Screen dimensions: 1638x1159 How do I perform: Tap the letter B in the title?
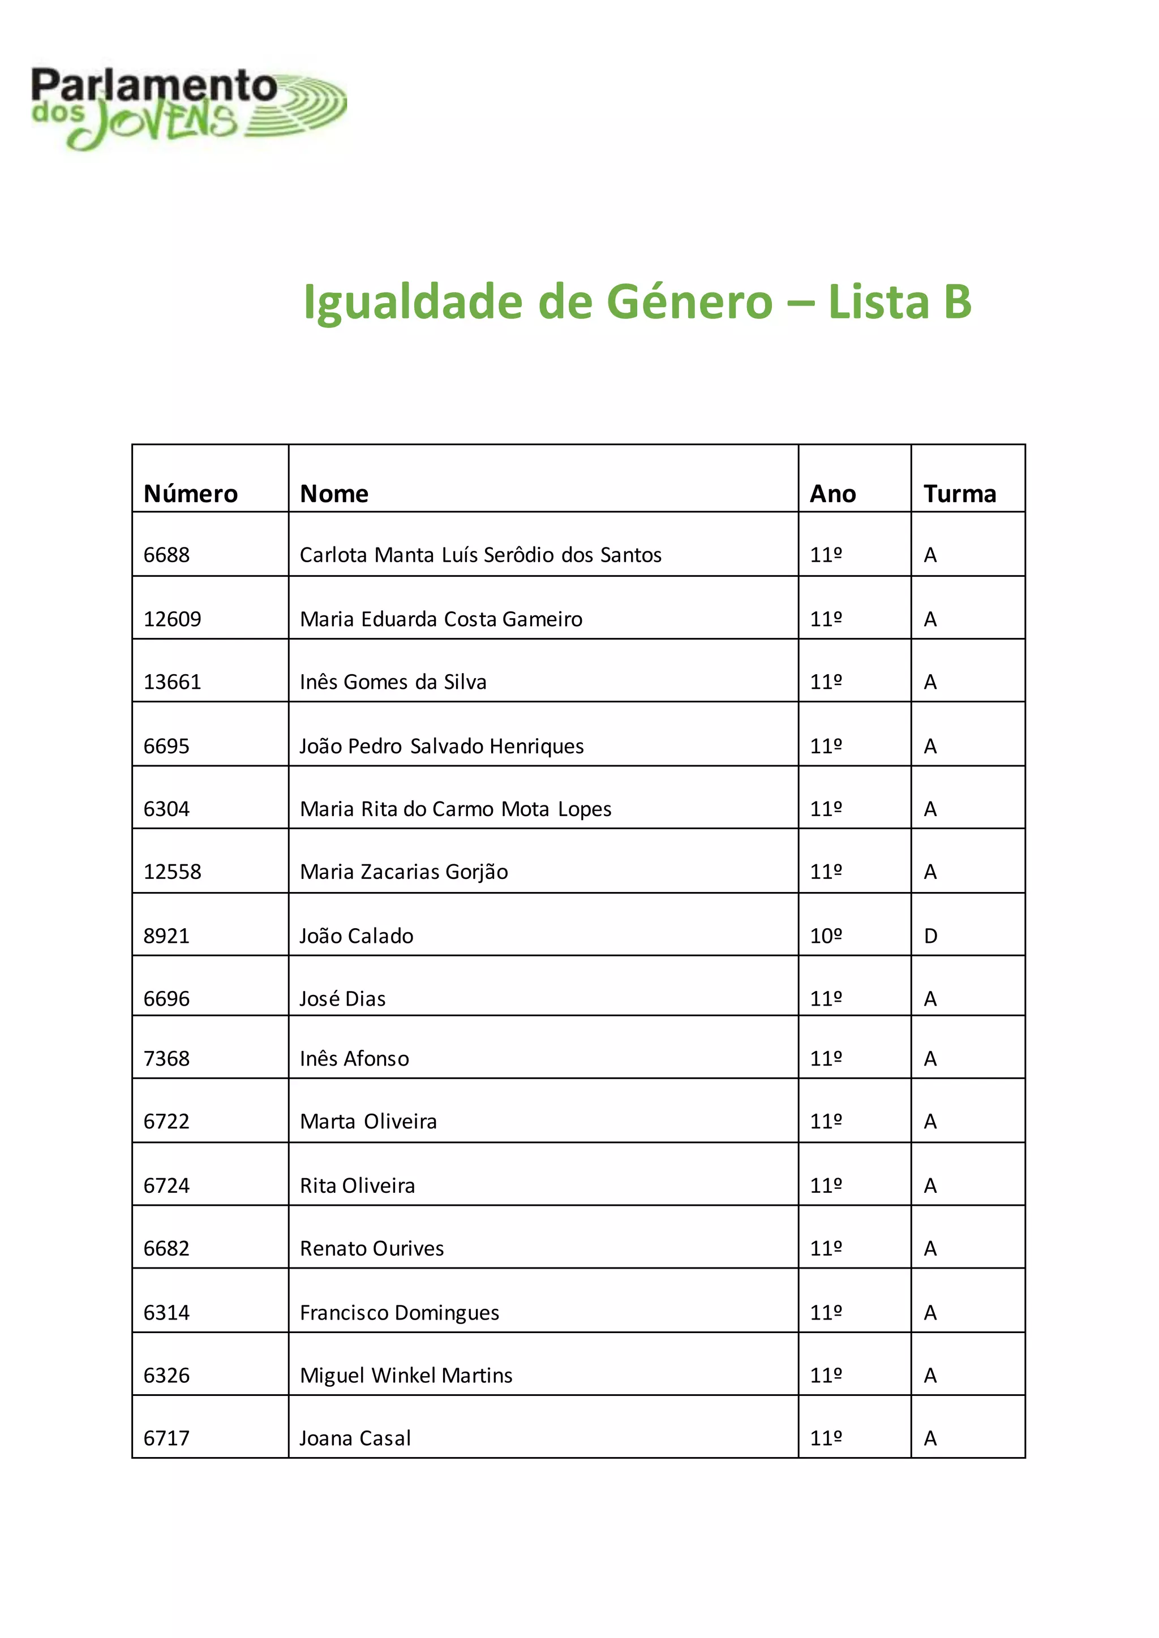956,302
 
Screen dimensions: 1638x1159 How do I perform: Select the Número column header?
191,494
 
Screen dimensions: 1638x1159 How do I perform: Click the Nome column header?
334,494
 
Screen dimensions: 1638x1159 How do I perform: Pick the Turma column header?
959,494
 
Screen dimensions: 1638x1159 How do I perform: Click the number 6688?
166,555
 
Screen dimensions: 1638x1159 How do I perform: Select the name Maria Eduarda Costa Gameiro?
440,619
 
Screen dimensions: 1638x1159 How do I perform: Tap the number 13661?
172,682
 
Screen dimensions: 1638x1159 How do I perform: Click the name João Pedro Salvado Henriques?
441,746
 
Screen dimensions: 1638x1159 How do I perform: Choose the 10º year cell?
826,936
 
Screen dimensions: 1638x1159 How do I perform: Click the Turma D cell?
930,936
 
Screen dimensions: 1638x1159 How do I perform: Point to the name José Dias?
342,999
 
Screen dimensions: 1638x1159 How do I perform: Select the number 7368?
166,1059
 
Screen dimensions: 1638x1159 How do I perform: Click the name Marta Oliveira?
368,1122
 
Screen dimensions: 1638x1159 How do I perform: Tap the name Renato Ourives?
371,1248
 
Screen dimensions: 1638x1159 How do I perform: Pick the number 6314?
166,1313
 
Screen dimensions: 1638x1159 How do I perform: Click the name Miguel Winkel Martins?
406,1376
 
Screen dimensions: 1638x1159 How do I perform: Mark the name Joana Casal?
355,1438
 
